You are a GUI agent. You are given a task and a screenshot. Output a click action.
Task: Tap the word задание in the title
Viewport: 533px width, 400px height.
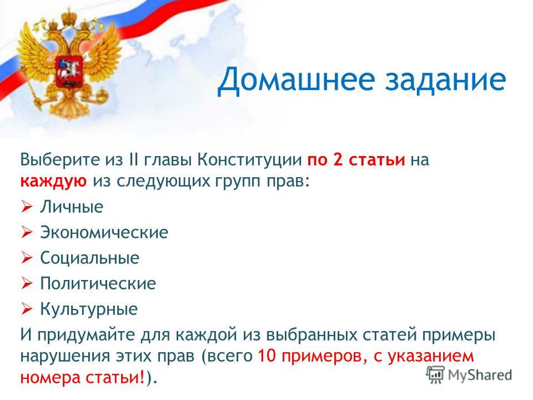click(x=446, y=79)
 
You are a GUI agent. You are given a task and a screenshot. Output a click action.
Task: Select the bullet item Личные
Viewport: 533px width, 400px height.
click(x=72, y=207)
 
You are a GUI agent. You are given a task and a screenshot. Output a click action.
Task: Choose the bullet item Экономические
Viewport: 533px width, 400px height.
click(x=104, y=233)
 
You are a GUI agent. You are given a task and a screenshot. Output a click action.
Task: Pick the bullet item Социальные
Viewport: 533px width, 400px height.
click(x=90, y=258)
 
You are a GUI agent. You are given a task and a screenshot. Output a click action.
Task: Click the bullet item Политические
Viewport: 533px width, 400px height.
click(x=98, y=283)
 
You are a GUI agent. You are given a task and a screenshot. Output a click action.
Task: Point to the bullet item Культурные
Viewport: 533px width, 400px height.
click(x=89, y=309)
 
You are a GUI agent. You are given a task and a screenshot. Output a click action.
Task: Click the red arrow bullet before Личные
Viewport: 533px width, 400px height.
click(x=27, y=207)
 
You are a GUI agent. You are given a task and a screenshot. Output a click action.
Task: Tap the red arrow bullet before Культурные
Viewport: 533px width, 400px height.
click(x=27, y=309)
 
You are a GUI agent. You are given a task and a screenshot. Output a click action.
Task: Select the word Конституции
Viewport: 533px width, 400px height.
click(x=250, y=159)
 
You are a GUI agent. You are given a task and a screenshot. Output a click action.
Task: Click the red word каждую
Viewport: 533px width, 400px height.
click(x=53, y=181)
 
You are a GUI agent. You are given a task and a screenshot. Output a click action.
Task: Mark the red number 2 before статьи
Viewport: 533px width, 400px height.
click(x=338, y=159)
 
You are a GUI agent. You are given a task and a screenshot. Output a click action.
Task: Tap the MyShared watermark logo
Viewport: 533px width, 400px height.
click(x=469, y=375)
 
